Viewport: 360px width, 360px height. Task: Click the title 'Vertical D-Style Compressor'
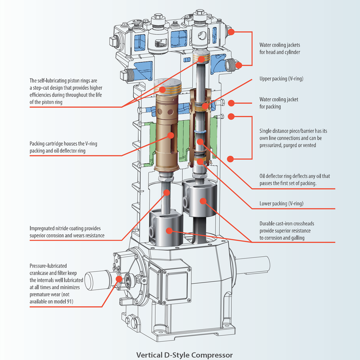tap(184, 355)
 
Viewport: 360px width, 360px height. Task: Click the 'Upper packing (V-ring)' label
tap(281, 79)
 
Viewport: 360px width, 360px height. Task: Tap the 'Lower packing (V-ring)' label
tap(281, 204)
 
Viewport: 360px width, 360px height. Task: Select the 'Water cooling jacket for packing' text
tap(279, 103)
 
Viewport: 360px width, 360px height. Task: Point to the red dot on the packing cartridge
tap(171, 135)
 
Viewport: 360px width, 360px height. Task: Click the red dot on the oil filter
tap(119, 279)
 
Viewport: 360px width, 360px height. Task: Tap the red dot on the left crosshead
tap(169, 231)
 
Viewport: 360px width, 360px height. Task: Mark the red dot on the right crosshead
tap(202, 201)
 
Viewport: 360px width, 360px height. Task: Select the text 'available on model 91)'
tap(51, 301)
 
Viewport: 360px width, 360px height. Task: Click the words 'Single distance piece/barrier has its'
tap(293, 131)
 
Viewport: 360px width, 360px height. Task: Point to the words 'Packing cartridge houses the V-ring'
tap(63, 144)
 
